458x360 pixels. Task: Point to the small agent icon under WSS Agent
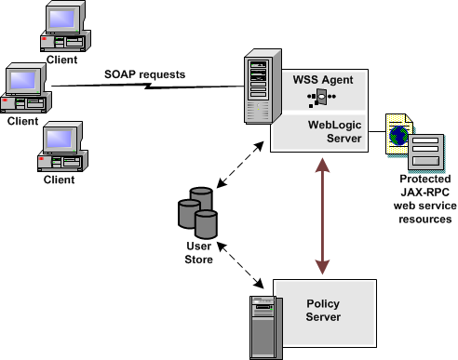coord(321,98)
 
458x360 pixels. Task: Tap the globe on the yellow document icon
coord(400,136)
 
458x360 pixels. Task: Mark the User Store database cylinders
coord(196,213)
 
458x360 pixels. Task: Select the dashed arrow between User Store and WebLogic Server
coord(235,179)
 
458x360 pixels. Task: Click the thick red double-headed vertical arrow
coord(321,217)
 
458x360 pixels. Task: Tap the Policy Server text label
coord(323,311)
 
